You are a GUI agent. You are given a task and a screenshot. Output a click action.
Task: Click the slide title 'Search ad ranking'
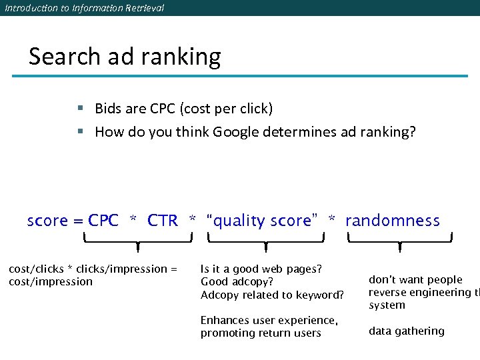coord(125,57)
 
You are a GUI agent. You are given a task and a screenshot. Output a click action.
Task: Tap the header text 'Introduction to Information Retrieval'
coord(84,8)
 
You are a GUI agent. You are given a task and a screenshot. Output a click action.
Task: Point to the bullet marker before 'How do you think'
coord(79,132)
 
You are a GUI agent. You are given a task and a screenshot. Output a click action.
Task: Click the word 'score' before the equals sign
coord(47,221)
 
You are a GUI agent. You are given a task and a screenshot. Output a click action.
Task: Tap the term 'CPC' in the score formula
coord(103,221)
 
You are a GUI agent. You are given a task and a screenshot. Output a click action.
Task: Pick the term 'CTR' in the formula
coord(163,221)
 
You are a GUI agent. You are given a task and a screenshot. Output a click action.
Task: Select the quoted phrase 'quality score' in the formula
coord(262,221)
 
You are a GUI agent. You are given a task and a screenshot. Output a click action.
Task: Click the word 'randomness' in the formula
coord(393,221)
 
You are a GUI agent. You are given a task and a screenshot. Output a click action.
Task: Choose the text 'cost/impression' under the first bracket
coord(51,282)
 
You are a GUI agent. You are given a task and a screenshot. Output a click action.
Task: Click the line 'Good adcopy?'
coord(237,282)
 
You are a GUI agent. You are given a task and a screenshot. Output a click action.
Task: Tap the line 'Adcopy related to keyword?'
coord(272,295)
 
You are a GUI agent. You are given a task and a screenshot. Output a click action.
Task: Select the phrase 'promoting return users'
coord(261,333)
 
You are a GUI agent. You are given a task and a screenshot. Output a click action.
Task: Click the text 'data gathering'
coord(406,331)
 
